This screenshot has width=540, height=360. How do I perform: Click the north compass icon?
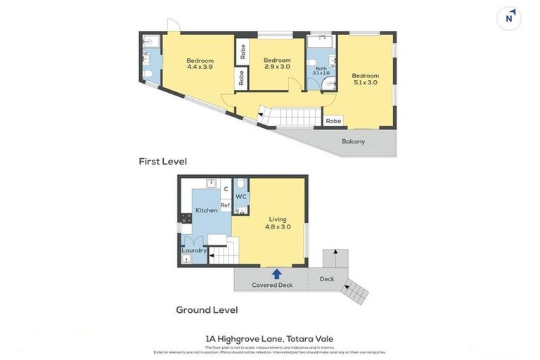(x=508, y=18)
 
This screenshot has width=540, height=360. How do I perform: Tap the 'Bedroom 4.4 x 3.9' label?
(x=200, y=64)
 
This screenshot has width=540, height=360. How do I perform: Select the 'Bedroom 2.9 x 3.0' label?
(x=277, y=64)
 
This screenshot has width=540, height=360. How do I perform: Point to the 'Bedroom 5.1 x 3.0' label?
(x=365, y=79)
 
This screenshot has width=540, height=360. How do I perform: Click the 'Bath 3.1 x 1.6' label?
(x=321, y=70)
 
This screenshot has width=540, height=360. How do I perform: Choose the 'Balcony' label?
(x=353, y=141)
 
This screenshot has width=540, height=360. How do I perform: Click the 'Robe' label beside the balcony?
(x=333, y=121)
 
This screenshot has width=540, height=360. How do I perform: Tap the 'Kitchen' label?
(x=206, y=210)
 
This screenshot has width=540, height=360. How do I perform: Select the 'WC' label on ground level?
(x=240, y=196)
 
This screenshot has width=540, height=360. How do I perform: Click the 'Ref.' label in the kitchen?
(x=226, y=205)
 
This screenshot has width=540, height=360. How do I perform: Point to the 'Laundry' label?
(x=194, y=250)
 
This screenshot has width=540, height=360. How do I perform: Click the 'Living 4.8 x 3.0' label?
(x=278, y=223)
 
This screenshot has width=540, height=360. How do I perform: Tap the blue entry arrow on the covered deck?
(x=277, y=274)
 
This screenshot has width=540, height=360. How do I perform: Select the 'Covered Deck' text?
(x=271, y=285)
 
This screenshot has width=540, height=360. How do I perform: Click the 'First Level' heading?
(x=162, y=161)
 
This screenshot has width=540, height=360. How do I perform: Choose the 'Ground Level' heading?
(x=207, y=309)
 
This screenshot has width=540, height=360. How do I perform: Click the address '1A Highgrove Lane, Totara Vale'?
(x=269, y=338)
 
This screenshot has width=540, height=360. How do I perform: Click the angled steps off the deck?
(x=355, y=291)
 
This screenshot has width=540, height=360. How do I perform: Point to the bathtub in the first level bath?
(x=321, y=42)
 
